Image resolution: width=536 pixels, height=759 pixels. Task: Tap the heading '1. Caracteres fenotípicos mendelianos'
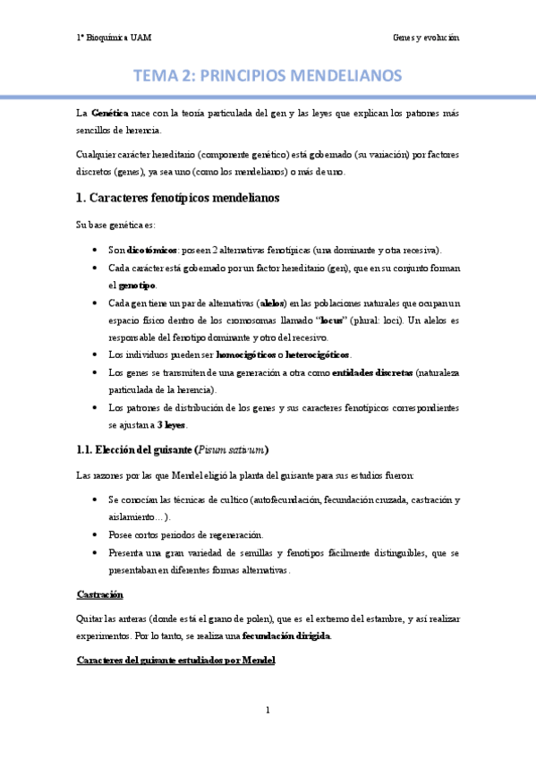[179, 197]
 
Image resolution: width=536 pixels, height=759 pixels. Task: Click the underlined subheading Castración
[100, 594]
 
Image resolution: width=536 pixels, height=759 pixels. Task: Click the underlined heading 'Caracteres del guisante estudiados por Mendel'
[175, 661]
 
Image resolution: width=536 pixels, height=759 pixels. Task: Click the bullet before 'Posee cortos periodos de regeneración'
[96, 534]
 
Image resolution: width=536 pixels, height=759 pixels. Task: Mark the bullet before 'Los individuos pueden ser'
[96, 354]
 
